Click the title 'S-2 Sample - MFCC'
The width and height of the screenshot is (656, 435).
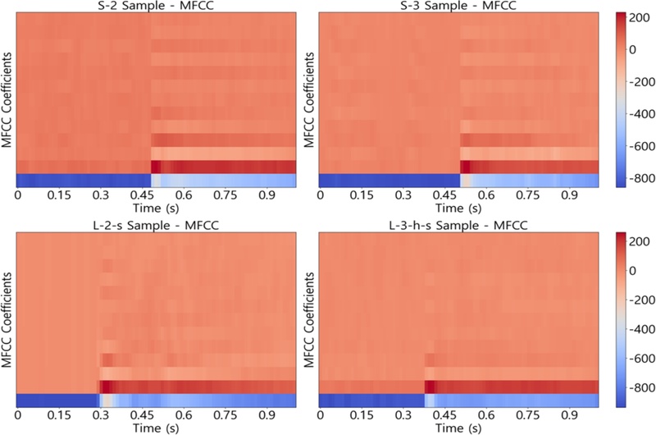click(156, 7)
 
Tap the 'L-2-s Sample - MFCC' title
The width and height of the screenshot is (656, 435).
click(156, 224)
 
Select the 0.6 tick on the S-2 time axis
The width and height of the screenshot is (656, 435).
click(184, 196)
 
